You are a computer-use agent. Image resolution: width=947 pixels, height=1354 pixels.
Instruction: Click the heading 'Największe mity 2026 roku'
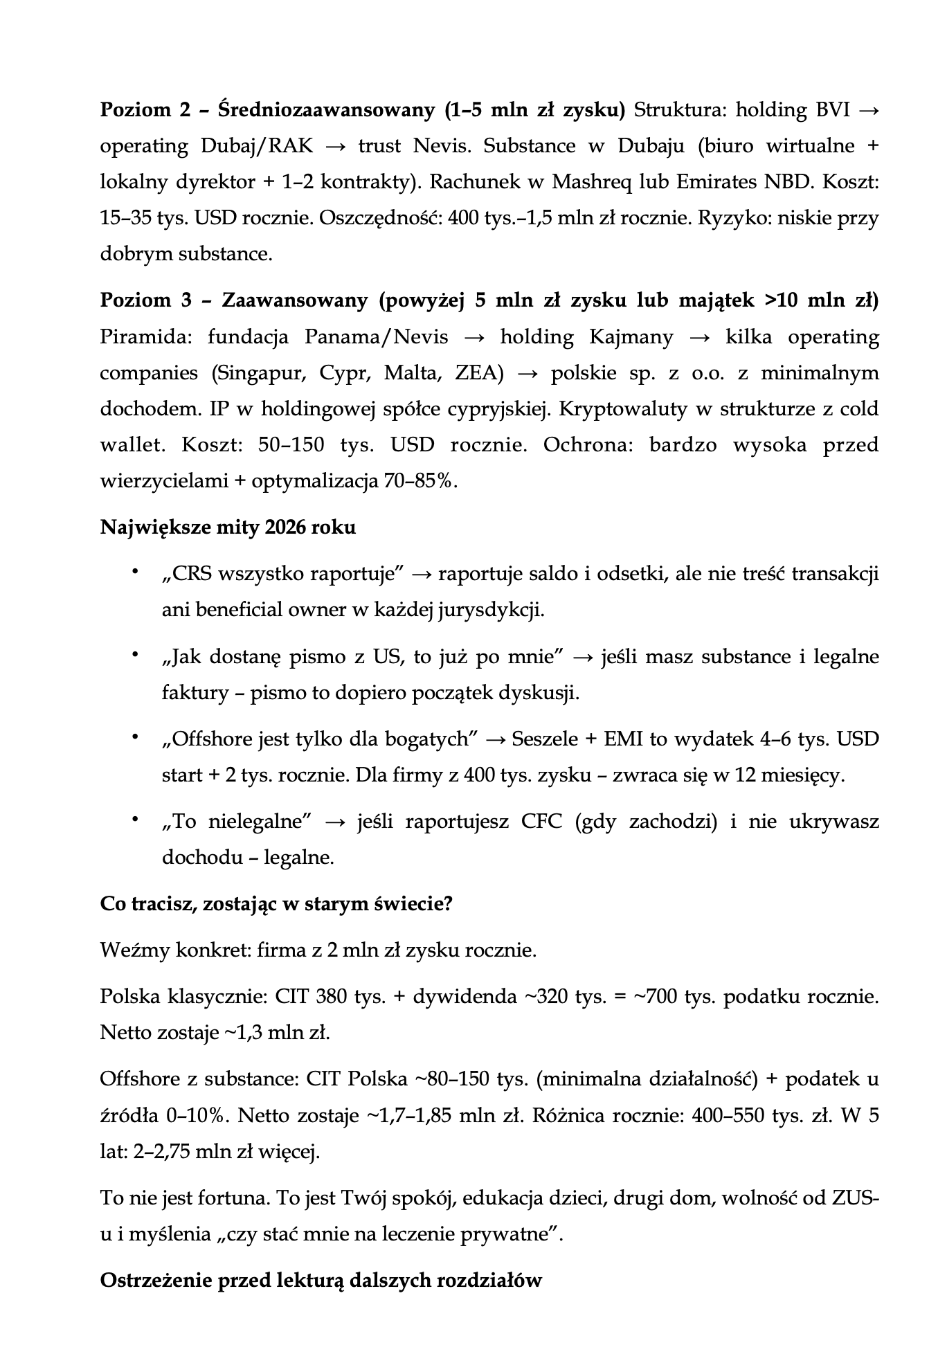coord(228,527)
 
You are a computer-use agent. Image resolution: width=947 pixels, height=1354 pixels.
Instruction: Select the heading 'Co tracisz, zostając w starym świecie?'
coord(276,904)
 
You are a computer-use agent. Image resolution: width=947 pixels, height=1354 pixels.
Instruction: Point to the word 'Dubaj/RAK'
coord(257,146)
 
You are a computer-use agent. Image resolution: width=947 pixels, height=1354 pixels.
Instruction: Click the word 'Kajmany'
coord(631,337)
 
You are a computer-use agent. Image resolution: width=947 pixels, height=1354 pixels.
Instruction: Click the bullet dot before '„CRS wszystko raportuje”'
coord(136,572)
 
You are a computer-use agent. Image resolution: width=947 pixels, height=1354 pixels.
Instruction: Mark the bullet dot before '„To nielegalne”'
coord(136,820)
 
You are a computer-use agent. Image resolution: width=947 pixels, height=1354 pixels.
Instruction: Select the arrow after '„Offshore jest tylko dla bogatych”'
coord(496,740)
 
